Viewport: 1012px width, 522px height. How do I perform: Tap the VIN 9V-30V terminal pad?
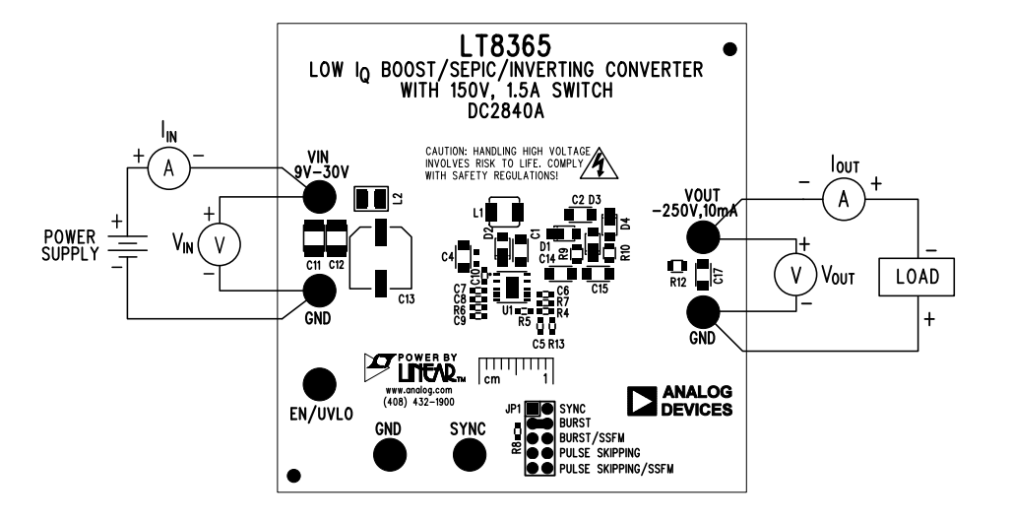(x=317, y=198)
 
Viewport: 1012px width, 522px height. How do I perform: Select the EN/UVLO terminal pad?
(x=317, y=384)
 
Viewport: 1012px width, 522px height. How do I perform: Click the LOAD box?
(x=917, y=277)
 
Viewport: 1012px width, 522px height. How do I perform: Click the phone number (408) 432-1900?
(x=417, y=402)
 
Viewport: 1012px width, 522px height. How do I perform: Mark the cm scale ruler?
(x=515, y=371)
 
